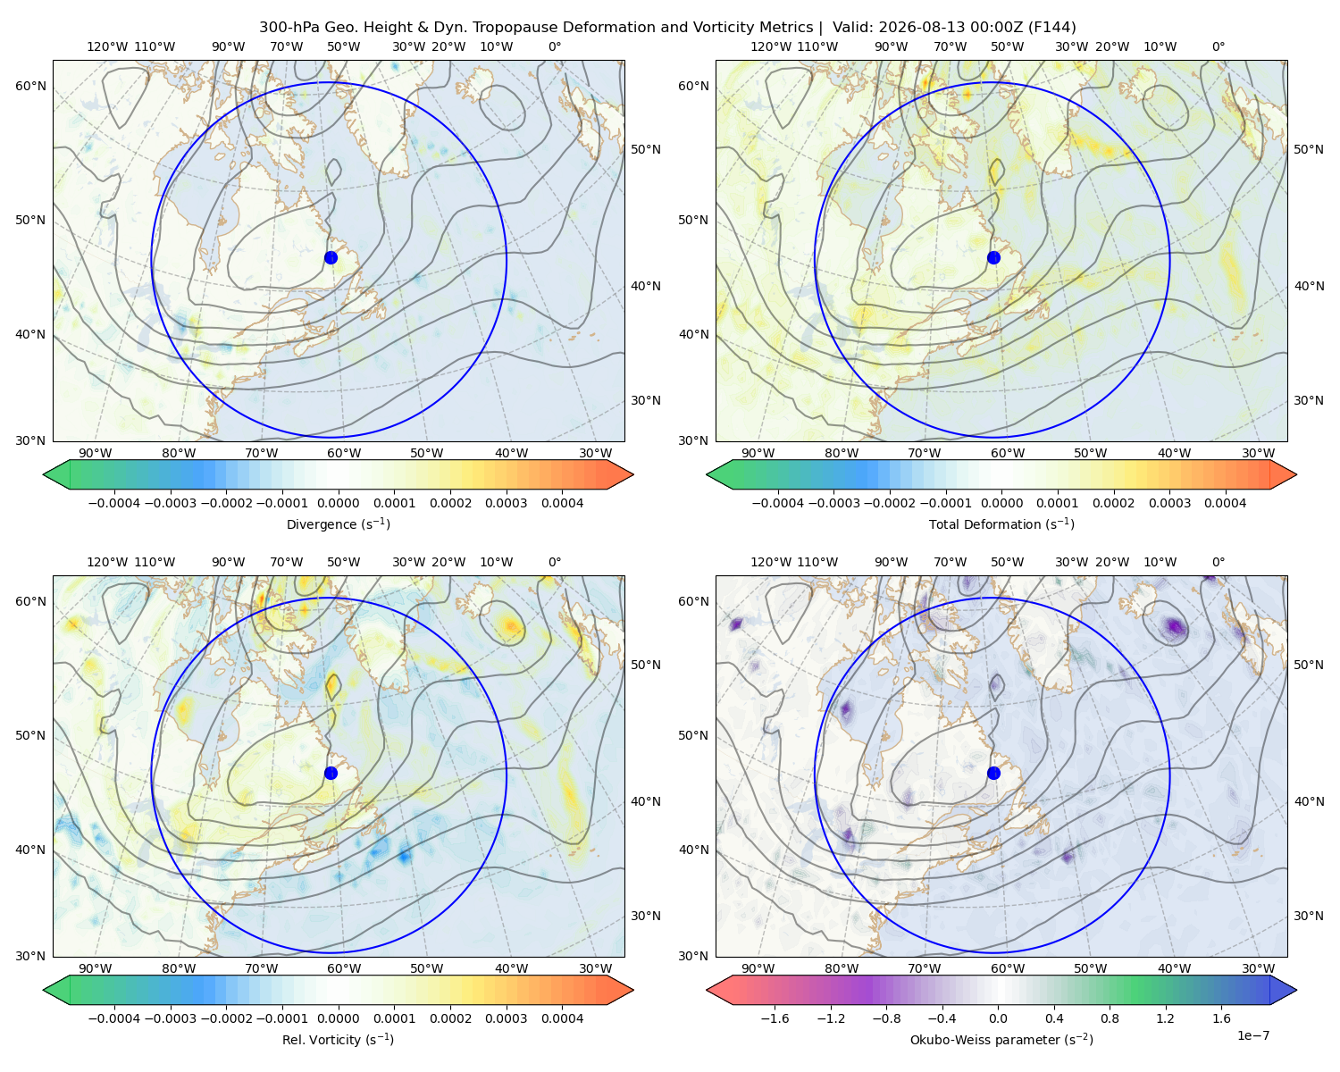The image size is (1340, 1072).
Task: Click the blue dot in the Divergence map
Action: [x=331, y=257]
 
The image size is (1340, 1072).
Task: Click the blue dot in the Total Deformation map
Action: [x=993, y=257]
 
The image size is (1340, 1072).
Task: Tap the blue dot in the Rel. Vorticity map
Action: [x=331, y=773]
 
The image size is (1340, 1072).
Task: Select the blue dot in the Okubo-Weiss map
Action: [x=993, y=773]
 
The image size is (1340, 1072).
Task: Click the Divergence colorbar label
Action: [x=338, y=523]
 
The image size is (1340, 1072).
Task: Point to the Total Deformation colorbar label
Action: [x=1001, y=523]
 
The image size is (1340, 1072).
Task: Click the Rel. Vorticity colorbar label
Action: [x=338, y=1039]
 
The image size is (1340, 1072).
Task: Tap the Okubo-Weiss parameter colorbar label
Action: [x=1001, y=1039]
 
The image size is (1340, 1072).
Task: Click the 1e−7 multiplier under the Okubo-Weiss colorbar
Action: [x=1252, y=1035]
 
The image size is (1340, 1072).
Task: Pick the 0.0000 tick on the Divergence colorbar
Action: [x=338, y=503]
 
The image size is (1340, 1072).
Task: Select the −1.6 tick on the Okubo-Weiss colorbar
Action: [x=775, y=1018]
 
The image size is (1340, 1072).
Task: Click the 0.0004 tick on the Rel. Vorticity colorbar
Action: [x=562, y=1018]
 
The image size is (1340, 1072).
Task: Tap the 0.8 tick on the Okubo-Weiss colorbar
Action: [x=1110, y=1018]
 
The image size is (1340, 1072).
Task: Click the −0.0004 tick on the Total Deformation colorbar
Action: [x=778, y=503]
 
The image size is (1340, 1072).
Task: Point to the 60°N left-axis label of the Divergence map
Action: [x=30, y=86]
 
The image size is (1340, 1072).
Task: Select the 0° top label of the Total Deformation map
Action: [x=1218, y=46]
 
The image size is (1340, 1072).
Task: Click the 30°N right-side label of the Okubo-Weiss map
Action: [x=1308, y=916]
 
